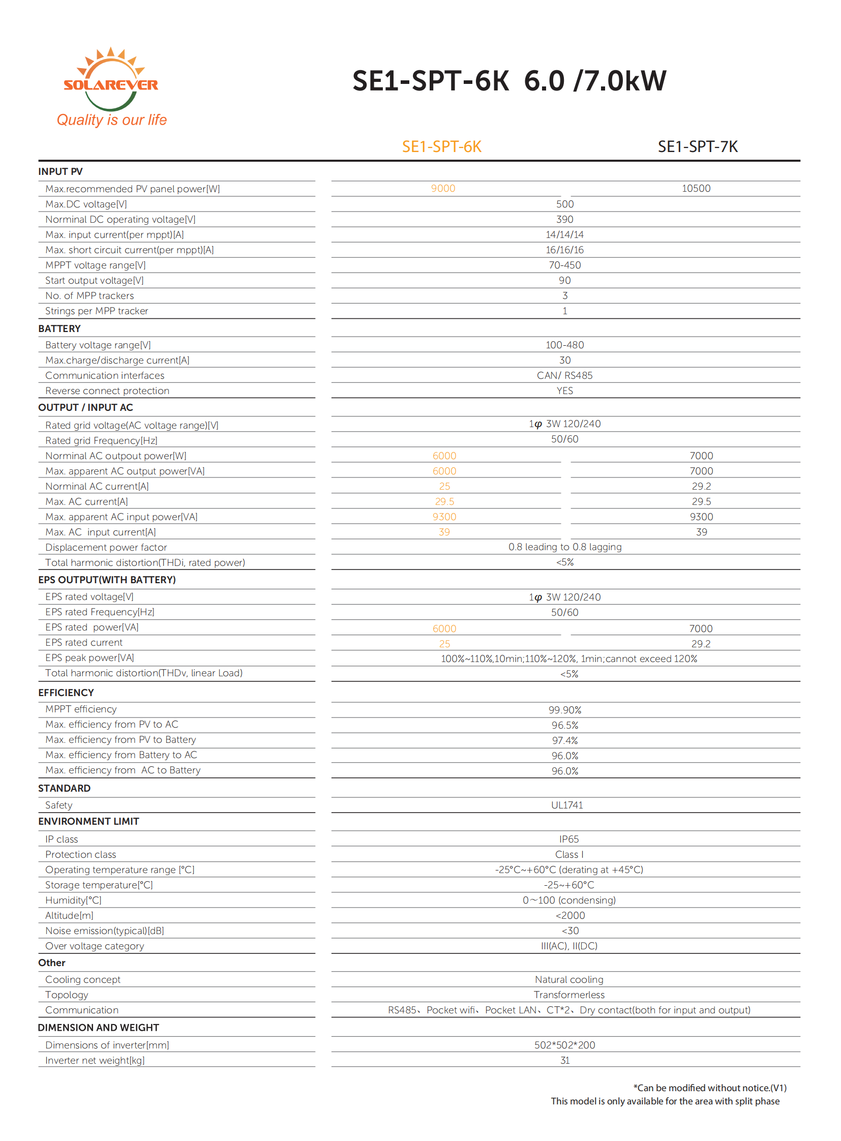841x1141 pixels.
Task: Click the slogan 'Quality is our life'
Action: [x=111, y=120]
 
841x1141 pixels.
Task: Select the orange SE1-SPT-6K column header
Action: [x=441, y=146]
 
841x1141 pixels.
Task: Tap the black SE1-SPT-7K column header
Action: [x=698, y=146]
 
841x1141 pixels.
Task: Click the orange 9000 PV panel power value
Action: [x=443, y=188]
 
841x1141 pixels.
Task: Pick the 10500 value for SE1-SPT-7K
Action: [x=696, y=188]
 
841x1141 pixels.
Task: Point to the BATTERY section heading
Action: [x=59, y=328]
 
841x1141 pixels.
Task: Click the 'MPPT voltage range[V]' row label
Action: [x=95, y=265]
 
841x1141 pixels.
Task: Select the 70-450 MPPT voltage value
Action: [x=564, y=265]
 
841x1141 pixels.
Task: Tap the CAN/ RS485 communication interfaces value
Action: [x=564, y=376]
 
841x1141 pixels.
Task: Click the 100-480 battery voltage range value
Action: [x=564, y=345]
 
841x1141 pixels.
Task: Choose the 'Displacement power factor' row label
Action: [x=106, y=547]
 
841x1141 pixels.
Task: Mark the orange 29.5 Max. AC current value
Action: [x=444, y=501]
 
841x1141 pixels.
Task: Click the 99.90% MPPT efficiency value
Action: [x=564, y=710]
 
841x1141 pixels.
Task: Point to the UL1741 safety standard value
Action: [x=566, y=805]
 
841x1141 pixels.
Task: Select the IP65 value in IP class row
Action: [x=568, y=839]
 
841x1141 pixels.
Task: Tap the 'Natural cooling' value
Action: [x=568, y=980]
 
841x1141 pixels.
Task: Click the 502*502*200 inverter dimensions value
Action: [x=564, y=1045]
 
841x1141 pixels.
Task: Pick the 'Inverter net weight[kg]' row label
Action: [x=95, y=1061]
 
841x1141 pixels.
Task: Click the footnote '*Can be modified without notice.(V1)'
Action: [x=710, y=1088]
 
